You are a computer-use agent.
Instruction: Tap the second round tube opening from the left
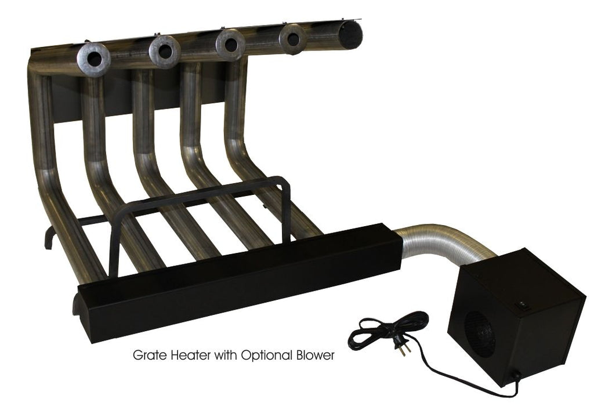tap(165, 51)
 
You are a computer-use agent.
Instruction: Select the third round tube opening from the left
tap(231, 43)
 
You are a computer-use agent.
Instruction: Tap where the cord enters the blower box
tap(515, 380)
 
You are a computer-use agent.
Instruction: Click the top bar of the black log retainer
tap(203, 191)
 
